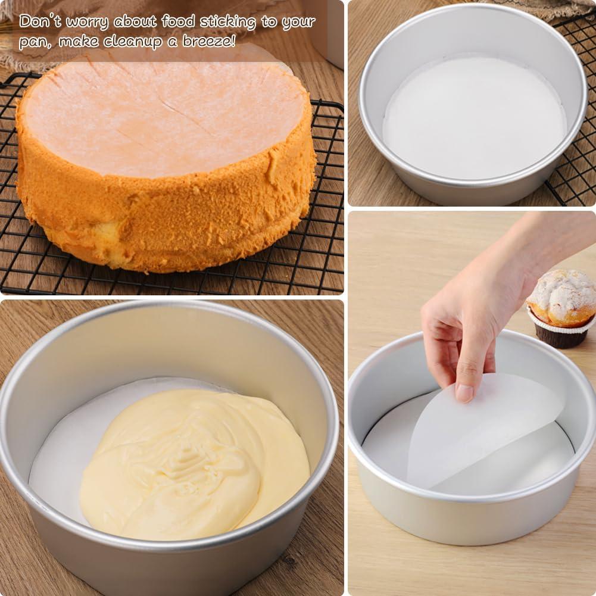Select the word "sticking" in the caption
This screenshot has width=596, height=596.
click(x=227, y=22)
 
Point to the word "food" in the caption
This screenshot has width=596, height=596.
click(x=178, y=21)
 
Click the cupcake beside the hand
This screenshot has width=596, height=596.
click(x=561, y=307)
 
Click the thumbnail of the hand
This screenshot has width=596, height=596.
click(x=464, y=391)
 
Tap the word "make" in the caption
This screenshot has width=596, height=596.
click(x=80, y=42)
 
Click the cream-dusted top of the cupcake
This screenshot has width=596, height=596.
click(x=563, y=292)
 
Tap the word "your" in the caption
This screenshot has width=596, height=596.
click(x=298, y=23)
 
